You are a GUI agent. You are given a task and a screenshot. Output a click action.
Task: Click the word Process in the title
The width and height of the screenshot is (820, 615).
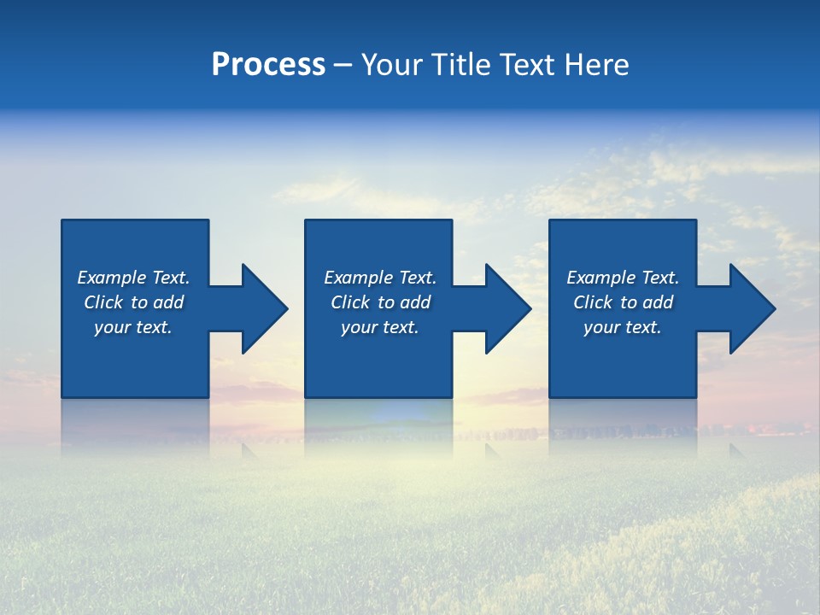pos(268,65)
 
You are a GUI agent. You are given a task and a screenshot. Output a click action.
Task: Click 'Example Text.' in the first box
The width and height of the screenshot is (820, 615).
pos(133,278)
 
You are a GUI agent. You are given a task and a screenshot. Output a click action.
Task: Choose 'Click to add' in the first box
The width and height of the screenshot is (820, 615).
pos(133,302)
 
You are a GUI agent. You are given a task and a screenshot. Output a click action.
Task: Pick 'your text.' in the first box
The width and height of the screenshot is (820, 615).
pos(133,327)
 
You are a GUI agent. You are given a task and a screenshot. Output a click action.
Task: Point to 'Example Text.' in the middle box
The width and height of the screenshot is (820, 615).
pos(380,278)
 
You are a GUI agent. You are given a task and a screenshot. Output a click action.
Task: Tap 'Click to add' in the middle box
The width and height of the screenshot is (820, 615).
pos(380,302)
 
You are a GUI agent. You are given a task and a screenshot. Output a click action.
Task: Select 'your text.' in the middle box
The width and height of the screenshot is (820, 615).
pos(380,327)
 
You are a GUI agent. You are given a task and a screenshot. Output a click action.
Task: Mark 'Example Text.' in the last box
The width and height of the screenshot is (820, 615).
pos(623,278)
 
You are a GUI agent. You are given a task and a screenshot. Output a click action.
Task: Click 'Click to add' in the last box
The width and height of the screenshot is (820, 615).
pos(623,302)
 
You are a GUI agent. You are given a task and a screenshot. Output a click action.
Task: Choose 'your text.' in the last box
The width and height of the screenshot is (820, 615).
pos(623,327)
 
